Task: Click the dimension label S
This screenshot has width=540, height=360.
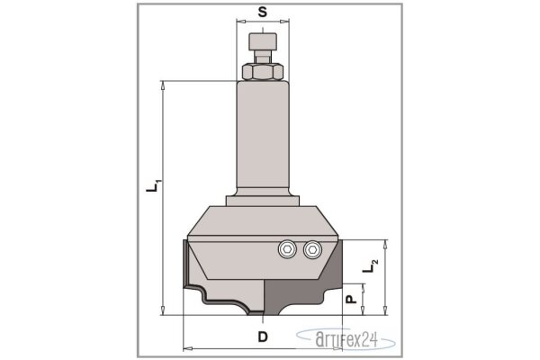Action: point(263,12)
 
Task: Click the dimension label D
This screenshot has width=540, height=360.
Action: point(263,337)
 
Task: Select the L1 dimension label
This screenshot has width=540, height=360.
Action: point(153,185)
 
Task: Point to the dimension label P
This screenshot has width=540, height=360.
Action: point(351,300)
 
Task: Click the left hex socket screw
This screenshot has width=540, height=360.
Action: point(287,249)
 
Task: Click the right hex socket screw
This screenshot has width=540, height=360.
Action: point(312,249)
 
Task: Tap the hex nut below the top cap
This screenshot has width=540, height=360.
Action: point(263,71)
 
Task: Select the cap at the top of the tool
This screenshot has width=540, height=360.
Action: point(263,41)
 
